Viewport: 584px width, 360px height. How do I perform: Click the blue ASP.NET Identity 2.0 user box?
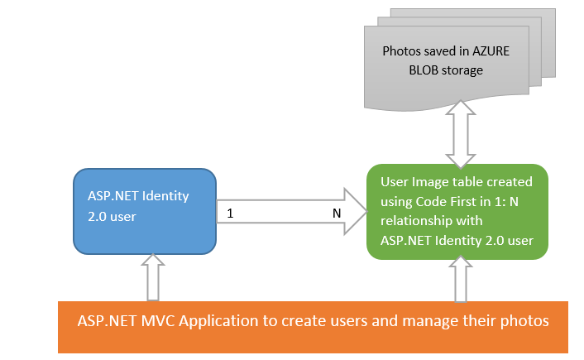pos(145,211)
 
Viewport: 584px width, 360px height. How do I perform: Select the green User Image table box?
pos(457,212)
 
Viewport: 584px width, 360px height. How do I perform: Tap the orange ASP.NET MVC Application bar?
pos(313,327)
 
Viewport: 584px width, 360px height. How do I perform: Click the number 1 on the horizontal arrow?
pos(230,214)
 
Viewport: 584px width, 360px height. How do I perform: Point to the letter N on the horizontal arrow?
pos(337,214)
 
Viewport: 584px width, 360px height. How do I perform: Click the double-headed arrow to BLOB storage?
pos(461,134)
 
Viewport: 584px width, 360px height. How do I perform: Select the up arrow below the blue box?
pos(153,277)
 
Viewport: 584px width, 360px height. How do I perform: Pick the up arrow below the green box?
pos(461,279)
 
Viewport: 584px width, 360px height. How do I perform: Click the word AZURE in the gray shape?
pos(491,51)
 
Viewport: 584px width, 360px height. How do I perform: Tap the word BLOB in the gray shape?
pos(422,70)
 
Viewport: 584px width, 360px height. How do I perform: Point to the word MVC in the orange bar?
pos(158,321)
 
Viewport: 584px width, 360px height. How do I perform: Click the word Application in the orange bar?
pos(218,322)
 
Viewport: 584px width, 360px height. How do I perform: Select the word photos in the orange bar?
pos(524,322)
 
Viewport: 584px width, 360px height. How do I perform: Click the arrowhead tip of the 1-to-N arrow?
pos(367,211)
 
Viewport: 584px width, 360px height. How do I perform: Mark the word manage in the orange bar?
pos(430,322)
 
